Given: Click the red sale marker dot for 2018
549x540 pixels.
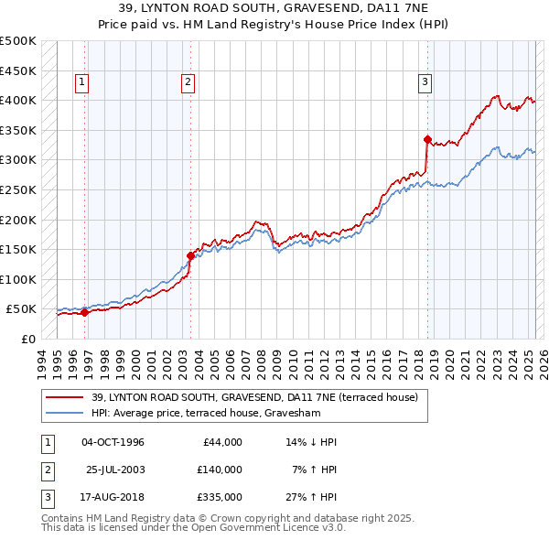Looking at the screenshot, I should (x=427, y=139).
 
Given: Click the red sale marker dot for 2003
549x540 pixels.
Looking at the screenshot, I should (x=190, y=255).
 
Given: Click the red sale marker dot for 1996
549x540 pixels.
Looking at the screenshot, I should (x=84, y=312).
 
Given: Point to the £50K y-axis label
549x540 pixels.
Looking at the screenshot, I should (x=22, y=309).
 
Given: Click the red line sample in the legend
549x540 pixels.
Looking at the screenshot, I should (x=65, y=397).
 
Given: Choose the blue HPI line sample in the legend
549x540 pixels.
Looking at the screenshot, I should (x=65, y=413).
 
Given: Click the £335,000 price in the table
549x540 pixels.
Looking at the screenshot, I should (x=220, y=497).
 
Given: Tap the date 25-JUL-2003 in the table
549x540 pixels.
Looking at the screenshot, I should (x=116, y=470).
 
